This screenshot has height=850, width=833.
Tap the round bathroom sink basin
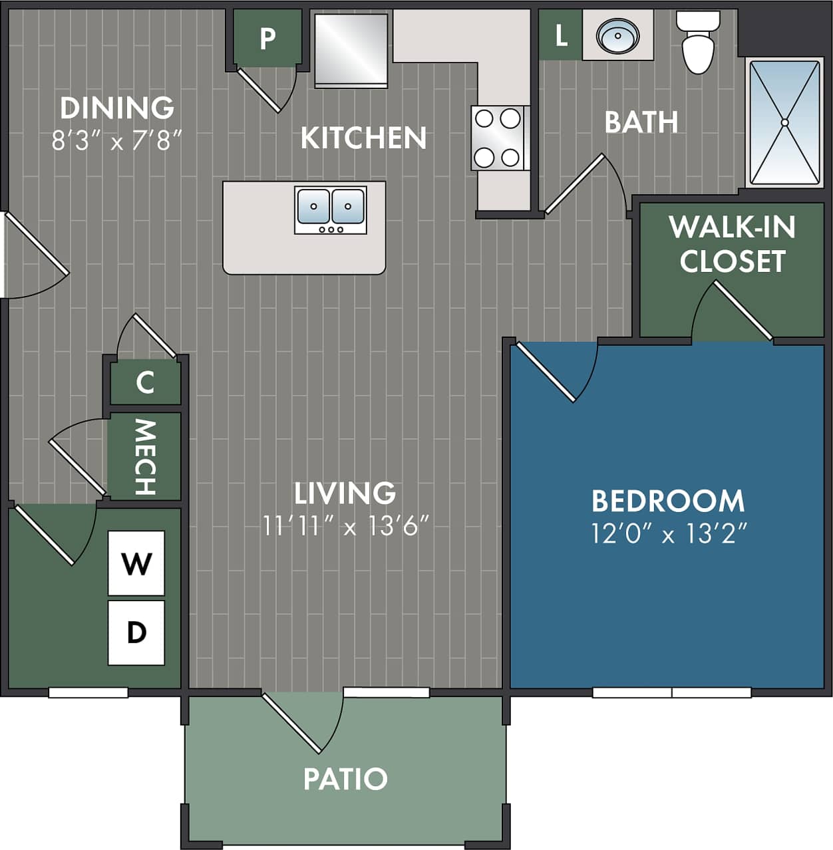click(x=617, y=35)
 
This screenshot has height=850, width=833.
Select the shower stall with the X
click(x=784, y=122)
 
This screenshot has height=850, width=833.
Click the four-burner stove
click(x=498, y=138)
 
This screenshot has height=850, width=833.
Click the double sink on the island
click(x=331, y=209)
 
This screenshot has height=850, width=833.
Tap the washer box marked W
click(x=136, y=563)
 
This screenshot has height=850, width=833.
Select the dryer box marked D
click(x=136, y=633)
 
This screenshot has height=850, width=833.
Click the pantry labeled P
click(x=267, y=38)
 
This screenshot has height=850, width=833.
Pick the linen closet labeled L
click(x=560, y=35)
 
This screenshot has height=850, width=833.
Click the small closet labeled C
click(x=145, y=382)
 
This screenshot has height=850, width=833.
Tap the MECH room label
click(x=144, y=457)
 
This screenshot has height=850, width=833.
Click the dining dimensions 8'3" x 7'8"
click(x=117, y=141)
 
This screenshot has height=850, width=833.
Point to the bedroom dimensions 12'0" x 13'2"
click(x=669, y=533)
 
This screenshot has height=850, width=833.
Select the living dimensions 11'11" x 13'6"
click(x=345, y=526)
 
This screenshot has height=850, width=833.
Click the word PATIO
click(x=345, y=779)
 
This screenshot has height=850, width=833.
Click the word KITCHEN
click(x=363, y=138)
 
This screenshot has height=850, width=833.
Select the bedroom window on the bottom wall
click(x=671, y=692)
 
